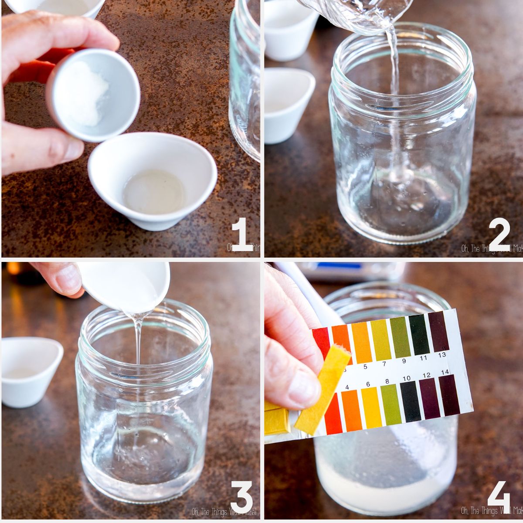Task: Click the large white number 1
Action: click(x=242, y=235)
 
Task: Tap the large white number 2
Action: click(x=499, y=235)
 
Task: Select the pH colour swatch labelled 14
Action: click(x=449, y=395)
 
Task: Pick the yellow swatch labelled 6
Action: click(x=371, y=407)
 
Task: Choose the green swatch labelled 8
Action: click(x=391, y=404)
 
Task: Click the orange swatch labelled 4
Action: click(x=351, y=410)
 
